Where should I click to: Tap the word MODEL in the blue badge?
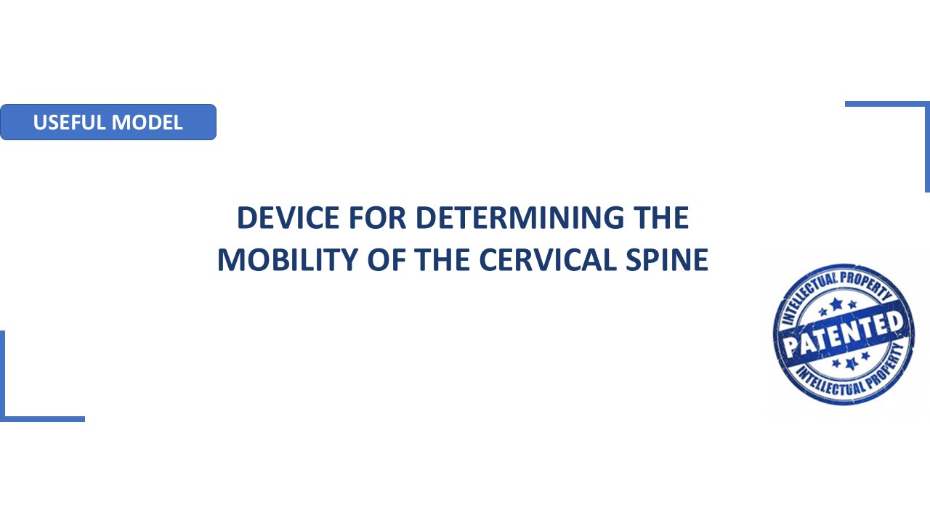pos(147,123)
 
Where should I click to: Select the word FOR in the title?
pos(377,217)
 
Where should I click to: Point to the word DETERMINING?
pos(519,217)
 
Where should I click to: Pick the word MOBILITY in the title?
pos(288,260)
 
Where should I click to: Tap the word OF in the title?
pos(387,260)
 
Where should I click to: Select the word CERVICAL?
pos(548,260)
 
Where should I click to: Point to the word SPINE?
pos(667,260)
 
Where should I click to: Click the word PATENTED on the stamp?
pos(844,334)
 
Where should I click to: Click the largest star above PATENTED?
pos(836,304)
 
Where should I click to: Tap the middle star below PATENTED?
pos(852,364)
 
